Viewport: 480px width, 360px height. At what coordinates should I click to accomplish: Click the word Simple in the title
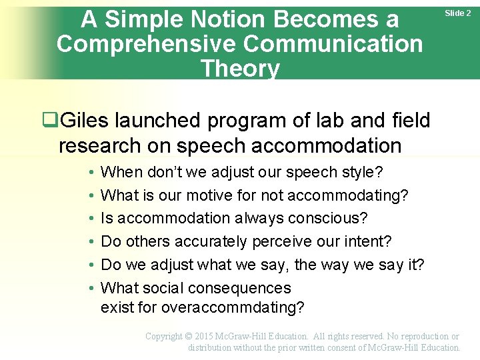click(x=144, y=20)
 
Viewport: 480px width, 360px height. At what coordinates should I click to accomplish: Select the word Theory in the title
click(x=240, y=68)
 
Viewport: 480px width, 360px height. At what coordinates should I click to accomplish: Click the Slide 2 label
click(x=458, y=13)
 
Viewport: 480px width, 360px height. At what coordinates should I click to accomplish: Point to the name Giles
click(x=85, y=121)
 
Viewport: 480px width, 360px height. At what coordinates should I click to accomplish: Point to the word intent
click(x=369, y=242)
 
